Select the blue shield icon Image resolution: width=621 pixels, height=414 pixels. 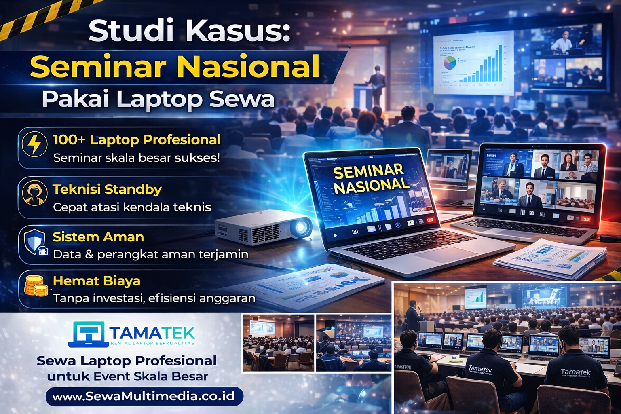pos(35,242)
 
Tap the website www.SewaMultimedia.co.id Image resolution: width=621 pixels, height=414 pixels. pos(144,396)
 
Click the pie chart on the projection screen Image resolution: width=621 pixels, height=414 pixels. pos(450,63)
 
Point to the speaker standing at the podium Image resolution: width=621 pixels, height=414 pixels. pos(377,85)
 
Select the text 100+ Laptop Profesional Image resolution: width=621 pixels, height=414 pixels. pos(137,139)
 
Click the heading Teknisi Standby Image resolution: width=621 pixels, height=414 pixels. pos(107,189)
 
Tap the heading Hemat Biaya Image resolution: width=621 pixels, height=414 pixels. pos(97,281)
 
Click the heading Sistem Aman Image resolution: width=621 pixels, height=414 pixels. pos(98,237)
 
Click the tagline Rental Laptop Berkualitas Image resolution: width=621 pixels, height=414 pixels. pos(152,343)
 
